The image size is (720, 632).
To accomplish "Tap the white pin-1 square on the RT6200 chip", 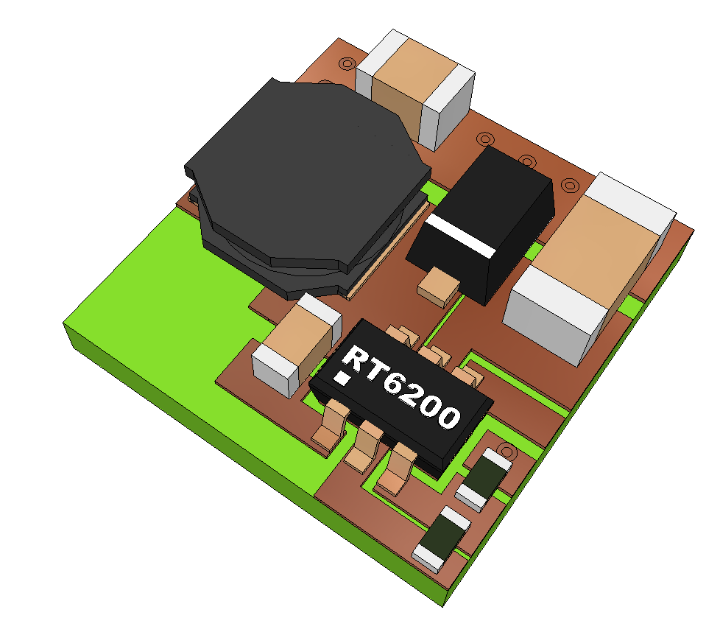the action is pyautogui.click(x=342, y=378).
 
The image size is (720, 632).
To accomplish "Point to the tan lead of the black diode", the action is pyautogui.click(x=439, y=287).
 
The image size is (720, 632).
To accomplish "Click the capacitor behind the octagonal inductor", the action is pyautogui.click(x=414, y=90).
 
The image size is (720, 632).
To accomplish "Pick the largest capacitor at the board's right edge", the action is pyautogui.click(x=589, y=269).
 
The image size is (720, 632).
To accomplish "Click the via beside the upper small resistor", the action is pyautogui.click(x=506, y=451).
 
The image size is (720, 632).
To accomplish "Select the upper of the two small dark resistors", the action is pyautogui.click(x=484, y=480).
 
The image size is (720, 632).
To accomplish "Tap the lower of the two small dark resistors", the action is pyautogui.click(x=442, y=538).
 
